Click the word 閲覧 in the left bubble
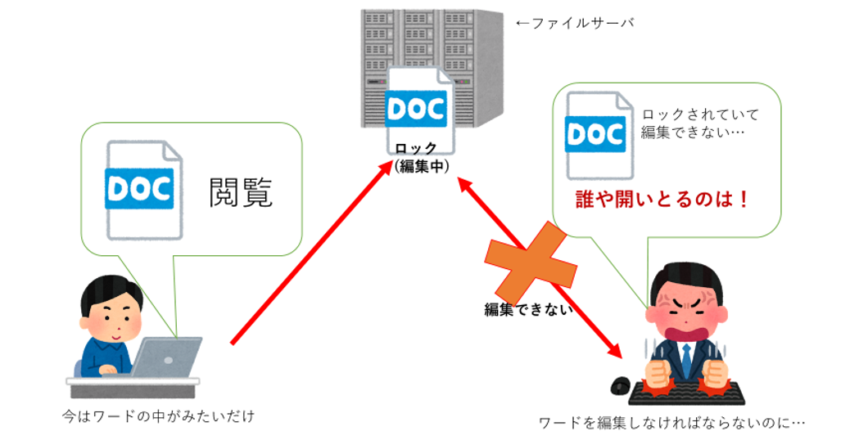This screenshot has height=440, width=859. pyautogui.click(x=241, y=192)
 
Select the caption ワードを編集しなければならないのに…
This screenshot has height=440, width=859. pyautogui.click(x=672, y=423)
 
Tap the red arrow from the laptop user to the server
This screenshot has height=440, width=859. pyautogui.click(x=312, y=253)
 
